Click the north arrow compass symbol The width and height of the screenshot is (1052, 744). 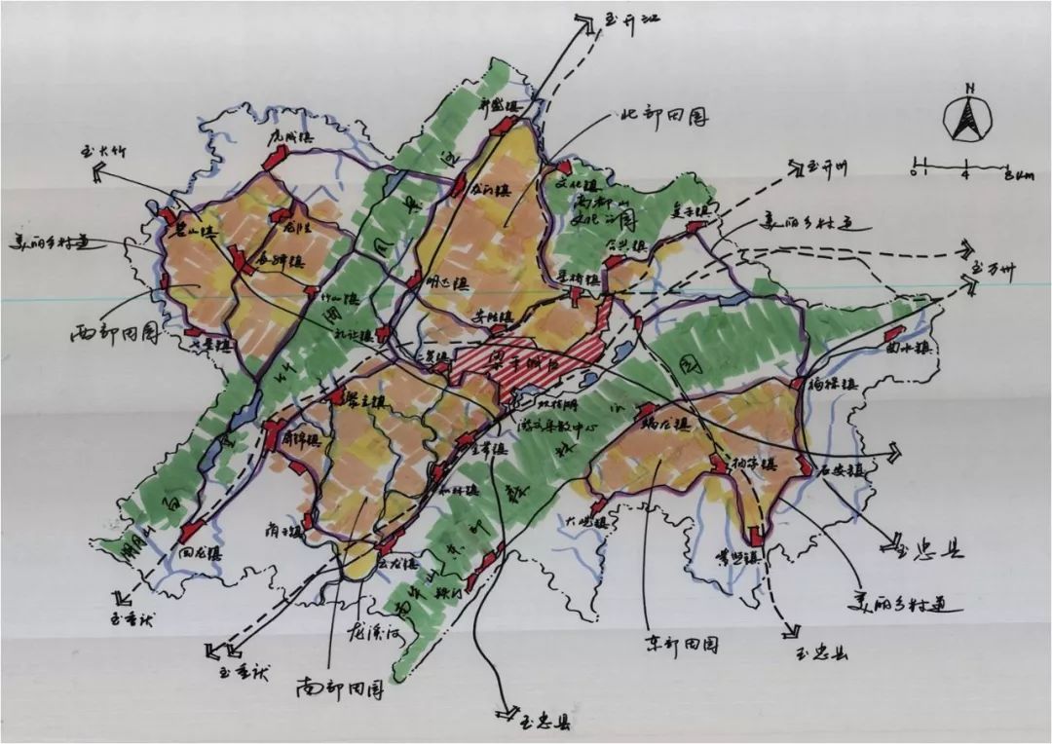click(968, 116)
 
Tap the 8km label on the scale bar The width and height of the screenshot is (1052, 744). click(1018, 175)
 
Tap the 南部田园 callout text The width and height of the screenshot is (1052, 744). click(340, 688)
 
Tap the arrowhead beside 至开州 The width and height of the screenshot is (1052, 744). click(796, 167)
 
